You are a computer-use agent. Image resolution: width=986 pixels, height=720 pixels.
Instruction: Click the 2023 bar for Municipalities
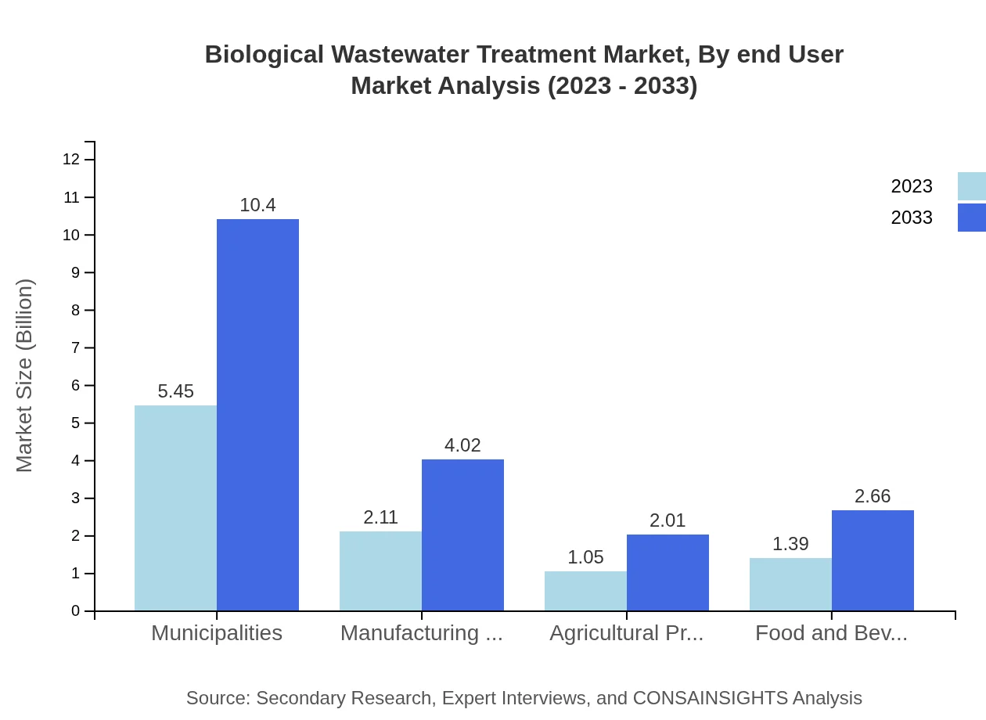pos(175,508)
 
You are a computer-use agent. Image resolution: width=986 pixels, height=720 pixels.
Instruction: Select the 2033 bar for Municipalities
pos(257,415)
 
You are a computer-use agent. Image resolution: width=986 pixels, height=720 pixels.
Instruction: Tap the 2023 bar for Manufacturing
pos(380,571)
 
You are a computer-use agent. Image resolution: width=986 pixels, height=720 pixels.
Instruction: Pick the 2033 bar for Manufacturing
pos(462,535)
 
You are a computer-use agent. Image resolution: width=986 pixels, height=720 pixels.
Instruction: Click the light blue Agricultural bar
pos(585,591)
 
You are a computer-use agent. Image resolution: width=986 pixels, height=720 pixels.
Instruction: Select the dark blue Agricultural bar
pos(668,573)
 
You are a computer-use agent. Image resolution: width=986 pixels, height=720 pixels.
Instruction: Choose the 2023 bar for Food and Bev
pos(790,585)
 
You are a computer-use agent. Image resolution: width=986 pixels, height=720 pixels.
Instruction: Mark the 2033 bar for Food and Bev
pos(873,560)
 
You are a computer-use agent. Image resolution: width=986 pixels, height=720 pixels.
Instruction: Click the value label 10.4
pos(257,205)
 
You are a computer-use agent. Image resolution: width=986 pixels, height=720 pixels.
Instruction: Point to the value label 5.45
pos(175,391)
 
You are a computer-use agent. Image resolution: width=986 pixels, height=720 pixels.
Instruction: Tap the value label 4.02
pos(462,445)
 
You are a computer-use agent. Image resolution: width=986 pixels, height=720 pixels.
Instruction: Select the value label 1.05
pos(585,557)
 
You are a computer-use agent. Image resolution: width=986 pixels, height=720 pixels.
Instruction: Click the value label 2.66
pos(873,496)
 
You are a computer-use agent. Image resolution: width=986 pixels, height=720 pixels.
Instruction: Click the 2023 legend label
pos(912,186)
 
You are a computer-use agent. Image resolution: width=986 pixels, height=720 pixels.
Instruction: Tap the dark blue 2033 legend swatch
pos(971,218)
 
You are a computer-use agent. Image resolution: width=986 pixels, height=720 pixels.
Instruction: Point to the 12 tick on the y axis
pos(71,160)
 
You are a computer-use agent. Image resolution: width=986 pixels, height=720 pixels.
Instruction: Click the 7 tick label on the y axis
pos(75,347)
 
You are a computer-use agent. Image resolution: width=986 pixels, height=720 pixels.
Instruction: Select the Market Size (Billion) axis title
pos(25,376)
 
